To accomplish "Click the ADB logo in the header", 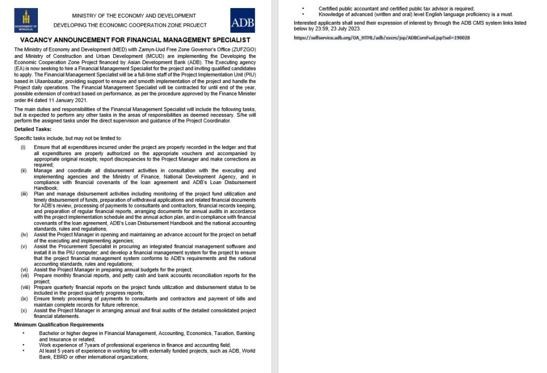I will [243, 21].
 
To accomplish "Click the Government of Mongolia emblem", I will [26, 21].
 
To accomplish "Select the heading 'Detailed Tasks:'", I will [33, 129].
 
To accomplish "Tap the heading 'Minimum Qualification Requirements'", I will [59, 324].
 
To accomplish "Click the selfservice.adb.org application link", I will [382, 38].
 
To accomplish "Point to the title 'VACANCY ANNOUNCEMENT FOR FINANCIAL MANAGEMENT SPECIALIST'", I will [135, 40].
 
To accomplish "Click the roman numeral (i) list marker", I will [23, 147].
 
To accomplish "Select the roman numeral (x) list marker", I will [24, 310].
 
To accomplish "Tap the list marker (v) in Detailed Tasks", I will [24, 246].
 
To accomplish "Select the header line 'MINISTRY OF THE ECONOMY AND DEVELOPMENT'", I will [134, 16].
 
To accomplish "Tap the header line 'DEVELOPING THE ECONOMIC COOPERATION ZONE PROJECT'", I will [130, 25].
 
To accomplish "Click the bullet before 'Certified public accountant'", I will [303, 9].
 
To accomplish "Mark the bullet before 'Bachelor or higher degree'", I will [24, 333].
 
